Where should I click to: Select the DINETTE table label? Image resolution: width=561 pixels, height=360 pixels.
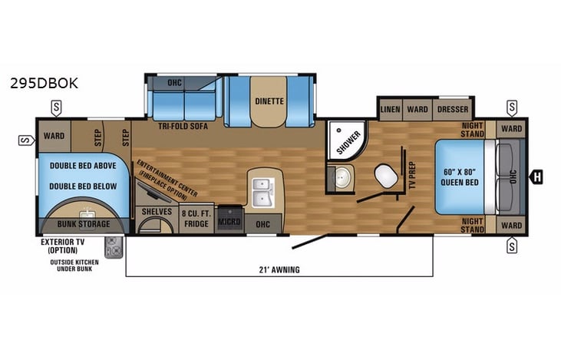click(x=269, y=101)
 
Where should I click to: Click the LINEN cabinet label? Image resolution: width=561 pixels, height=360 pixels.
click(x=390, y=110)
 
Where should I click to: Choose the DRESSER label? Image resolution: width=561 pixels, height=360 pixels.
click(x=453, y=110)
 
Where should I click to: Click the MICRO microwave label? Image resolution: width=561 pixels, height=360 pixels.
click(x=229, y=222)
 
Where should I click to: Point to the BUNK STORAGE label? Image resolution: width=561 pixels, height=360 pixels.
click(x=84, y=224)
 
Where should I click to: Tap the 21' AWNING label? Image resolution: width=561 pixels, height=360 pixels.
click(x=279, y=269)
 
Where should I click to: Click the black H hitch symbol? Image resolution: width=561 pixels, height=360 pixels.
click(x=537, y=177)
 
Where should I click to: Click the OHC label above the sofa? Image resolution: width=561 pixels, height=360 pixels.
click(x=175, y=84)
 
